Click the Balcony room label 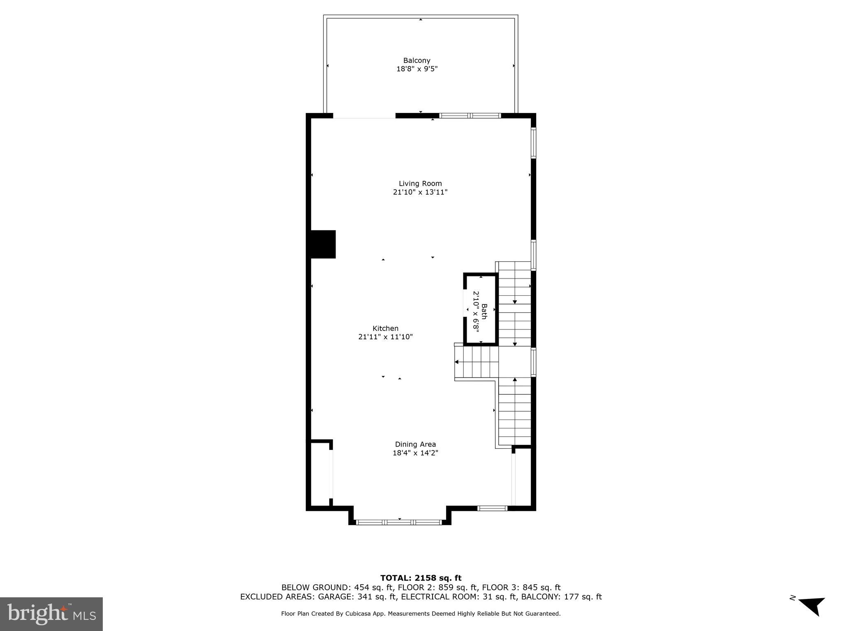(x=416, y=60)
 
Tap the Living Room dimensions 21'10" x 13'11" (x=420, y=192)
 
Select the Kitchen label (x=385, y=328)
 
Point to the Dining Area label (x=415, y=444)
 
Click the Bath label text (x=484, y=311)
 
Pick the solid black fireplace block (x=323, y=244)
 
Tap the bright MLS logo (x=51, y=614)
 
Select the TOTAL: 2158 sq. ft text (x=421, y=578)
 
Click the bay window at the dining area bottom (x=399, y=522)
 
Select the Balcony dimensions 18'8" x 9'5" (x=416, y=69)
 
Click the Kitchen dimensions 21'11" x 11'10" (x=385, y=337)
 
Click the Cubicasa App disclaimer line (x=421, y=614)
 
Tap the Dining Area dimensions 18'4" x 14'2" (x=415, y=453)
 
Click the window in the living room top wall (x=470, y=116)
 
